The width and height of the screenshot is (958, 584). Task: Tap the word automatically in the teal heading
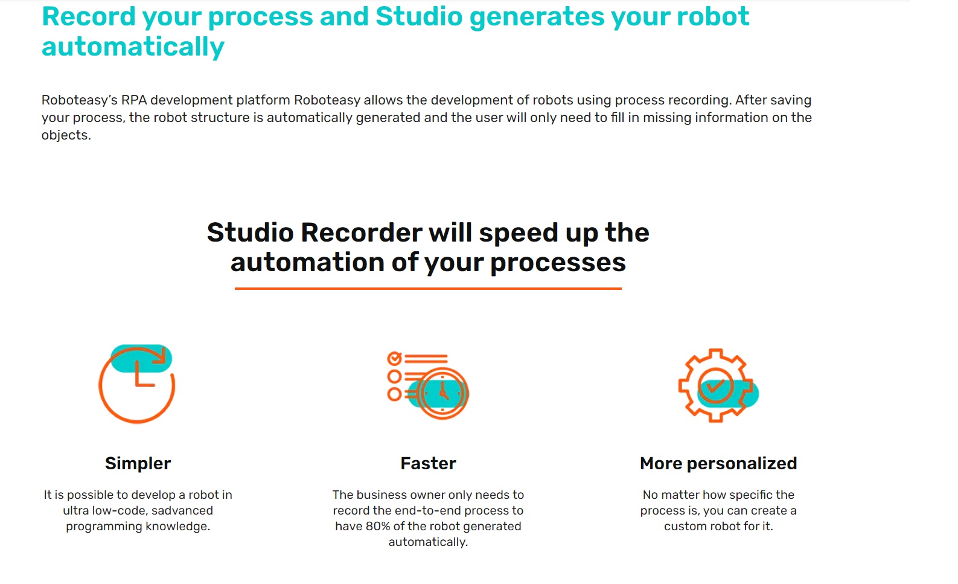133,47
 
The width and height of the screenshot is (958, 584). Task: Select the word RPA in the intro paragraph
134,100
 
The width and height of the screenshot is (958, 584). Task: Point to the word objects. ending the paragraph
66,135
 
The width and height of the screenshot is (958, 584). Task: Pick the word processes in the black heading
558,263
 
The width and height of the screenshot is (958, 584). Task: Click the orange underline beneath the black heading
428,289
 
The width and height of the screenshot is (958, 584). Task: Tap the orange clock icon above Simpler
137,384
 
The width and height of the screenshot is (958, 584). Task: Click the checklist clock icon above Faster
428,385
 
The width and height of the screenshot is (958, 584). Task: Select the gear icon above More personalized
717,385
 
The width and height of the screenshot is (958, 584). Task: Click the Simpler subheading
138,463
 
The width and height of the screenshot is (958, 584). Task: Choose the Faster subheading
428,463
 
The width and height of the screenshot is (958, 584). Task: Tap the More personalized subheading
718,463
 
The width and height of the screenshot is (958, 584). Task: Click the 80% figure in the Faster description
377,527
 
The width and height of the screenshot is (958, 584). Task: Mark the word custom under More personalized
685,527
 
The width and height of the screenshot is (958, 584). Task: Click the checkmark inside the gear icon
716,386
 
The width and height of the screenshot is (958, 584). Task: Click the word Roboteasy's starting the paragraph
79,100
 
